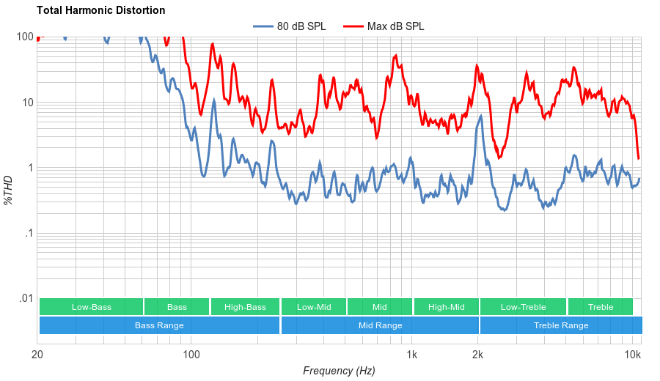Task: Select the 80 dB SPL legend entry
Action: pos(290,26)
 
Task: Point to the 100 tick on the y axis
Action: pos(25,37)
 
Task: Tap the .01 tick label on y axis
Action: pos(25,298)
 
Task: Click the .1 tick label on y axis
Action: pos(27,233)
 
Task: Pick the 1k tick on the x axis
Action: pos(412,355)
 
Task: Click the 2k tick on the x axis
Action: pos(478,355)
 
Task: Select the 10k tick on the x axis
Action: pos(633,355)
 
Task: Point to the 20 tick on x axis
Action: pos(37,355)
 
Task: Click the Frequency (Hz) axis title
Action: pos(339,371)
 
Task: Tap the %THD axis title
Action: pos(9,190)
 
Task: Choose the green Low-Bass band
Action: pos(91,307)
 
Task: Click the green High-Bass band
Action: pos(245,307)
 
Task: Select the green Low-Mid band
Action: pos(314,307)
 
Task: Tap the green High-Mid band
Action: pos(446,307)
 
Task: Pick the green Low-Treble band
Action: pos(523,307)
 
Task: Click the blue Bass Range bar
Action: pos(159,325)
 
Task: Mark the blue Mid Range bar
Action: pos(380,325)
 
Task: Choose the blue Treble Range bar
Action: pos(561,325)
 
